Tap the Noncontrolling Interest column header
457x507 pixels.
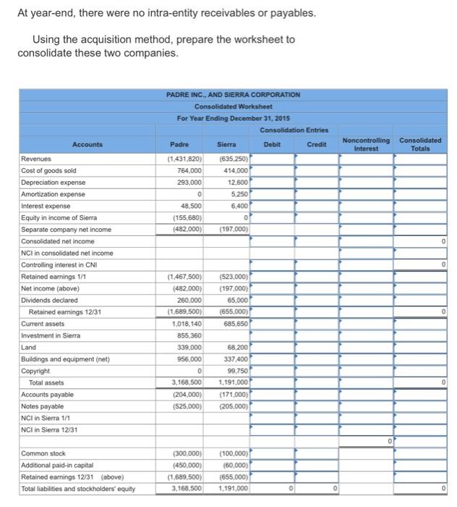tap(365, 144)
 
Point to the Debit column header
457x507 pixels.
tap(273, 144)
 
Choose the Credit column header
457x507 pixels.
tap(317, 144)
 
